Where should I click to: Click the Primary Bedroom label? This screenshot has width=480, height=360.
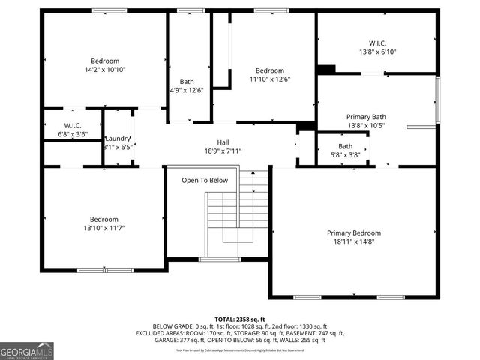point(353,232)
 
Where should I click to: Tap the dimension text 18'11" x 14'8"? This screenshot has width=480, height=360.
point(353,242)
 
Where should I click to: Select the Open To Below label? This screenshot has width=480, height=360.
point(205,180)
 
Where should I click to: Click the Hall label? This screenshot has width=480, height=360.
point(223,142)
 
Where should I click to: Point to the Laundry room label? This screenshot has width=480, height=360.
point(118,138)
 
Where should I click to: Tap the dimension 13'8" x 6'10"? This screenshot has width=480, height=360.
point(377,52)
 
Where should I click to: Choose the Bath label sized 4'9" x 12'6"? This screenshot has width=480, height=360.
point(187,82)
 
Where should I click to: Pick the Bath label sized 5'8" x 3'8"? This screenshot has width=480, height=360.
point(345,146)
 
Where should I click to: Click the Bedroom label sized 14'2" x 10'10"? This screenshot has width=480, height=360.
point(105,61)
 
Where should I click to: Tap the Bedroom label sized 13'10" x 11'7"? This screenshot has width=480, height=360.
point(105,219)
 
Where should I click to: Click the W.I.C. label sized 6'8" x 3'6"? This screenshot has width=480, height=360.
point(73,125)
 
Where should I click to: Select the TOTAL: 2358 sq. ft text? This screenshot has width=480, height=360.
point(240,319)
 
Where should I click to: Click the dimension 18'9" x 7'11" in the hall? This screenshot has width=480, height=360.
point(223,151)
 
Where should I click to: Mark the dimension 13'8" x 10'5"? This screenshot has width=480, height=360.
point(366,125)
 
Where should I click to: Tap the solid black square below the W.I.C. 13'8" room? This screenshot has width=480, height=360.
point(325,69)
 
